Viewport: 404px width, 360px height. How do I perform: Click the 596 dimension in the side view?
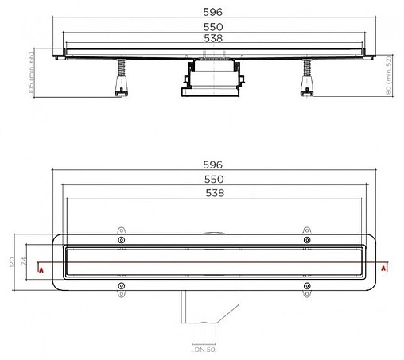(211, 13)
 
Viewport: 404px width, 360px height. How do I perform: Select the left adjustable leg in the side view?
(120, 79)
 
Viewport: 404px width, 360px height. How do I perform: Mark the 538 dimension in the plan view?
(211, 192)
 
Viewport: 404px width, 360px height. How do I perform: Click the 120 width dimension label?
(11, 263)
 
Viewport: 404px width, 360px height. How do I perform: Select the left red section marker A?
(41, 269)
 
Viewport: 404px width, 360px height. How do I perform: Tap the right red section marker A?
(384, 269)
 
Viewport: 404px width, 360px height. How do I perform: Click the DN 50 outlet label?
(205, 350)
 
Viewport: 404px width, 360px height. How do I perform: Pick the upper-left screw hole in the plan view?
(121, 240)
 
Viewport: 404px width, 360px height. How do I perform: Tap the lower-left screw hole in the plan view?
(121, 285)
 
